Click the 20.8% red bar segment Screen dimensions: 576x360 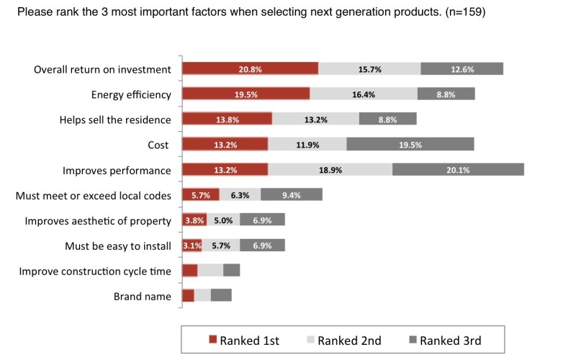(250, 68)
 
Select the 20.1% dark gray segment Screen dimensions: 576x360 (458, 170)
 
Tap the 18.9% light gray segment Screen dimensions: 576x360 (330, 170)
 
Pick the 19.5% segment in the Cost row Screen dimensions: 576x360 (410, 145)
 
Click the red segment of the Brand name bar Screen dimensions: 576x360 (189, 295)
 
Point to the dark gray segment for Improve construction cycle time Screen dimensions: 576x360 (231, 271)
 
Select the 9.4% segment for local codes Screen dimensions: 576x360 (292, 194)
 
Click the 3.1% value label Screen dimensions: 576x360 (192, 246)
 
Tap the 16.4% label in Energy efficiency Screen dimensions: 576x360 (364, 94)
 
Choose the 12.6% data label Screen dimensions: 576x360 (462, 69)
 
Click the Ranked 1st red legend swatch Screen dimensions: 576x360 (212, 339)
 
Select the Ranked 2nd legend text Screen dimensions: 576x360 (349, 341)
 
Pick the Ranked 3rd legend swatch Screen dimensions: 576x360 (413, 339)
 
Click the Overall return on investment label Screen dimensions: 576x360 (102, 69)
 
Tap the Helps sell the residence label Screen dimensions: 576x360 (115, 120)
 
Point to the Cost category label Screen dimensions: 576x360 (158, 145)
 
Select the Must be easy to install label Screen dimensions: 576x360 (118, 246)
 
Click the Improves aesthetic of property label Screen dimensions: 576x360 (98, 221)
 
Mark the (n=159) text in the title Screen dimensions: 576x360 (465, 12)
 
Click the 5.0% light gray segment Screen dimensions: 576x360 (223, 220)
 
